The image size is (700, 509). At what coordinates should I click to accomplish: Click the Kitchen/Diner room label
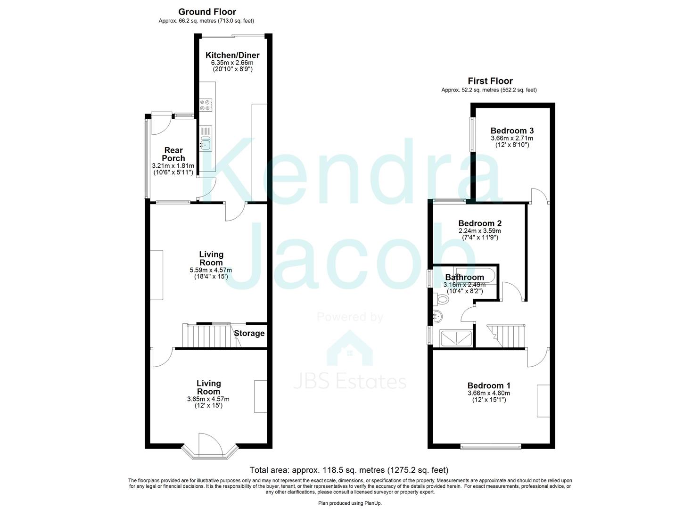tap(232, 55)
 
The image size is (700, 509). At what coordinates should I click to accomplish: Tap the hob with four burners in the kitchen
tap(206, 105)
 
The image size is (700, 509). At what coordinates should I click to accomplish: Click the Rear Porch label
tap(173, 154)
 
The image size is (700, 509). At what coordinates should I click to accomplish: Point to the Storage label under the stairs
tap(249, 333)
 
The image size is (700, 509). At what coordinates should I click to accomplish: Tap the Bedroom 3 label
tap(512, 131)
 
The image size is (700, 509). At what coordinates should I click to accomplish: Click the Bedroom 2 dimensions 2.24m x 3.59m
tap(479, 231)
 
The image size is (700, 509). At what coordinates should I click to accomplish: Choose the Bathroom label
tap(464, 277)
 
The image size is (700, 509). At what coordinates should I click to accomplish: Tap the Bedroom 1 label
tap(488, 386)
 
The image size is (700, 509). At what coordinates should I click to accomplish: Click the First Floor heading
tap(490, 81)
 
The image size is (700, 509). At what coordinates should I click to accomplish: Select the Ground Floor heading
tap(207, 12)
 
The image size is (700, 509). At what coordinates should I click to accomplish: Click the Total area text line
tap(349, 470)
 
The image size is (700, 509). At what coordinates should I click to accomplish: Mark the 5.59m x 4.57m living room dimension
tap(211, 270)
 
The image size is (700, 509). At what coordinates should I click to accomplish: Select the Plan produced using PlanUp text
tap(350, 503)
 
